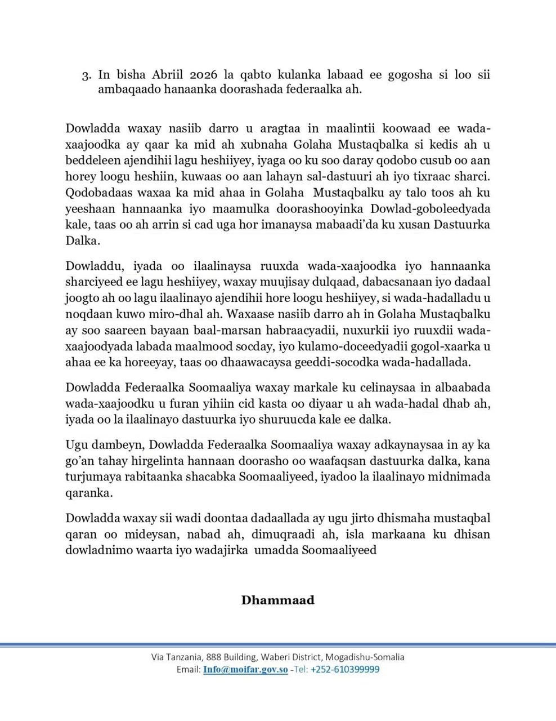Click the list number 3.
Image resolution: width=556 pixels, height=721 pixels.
[x=86, y=75]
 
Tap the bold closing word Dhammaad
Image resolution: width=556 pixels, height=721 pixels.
[x=278, y=599]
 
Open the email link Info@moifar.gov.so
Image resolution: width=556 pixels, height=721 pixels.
[x=246, y=670]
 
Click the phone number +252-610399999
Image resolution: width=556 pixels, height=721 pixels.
[x=344, y=670]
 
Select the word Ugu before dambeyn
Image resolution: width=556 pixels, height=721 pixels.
[x=75, y=446]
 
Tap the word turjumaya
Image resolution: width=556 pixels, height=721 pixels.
[x=90, y=477]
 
